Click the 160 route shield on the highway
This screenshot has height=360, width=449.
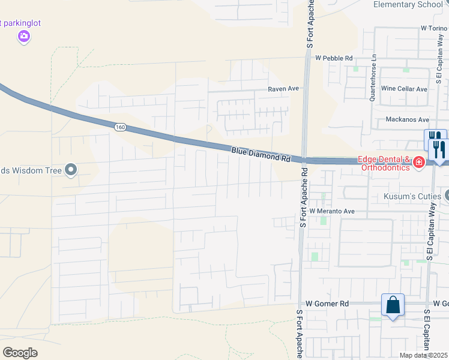tap(120, 127)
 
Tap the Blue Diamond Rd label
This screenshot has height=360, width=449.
tap(261, 154)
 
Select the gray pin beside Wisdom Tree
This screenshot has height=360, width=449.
tap(71, 171)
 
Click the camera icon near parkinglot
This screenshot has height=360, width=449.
tap(23, 37)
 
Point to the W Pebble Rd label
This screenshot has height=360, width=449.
tap(333, 58)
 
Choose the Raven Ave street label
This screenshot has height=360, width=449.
tap(283, 89)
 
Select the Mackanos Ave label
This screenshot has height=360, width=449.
tap(408, 119)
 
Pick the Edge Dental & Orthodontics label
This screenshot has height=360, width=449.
tap(384, 163)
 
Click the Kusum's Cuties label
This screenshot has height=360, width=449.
tap(412, 196)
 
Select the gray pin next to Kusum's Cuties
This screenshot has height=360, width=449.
tap(445, 196)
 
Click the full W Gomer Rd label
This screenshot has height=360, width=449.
tap(327, 304)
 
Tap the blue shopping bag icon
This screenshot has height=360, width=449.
tap(393, 305)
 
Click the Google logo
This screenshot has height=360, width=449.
tap(20, 353)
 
